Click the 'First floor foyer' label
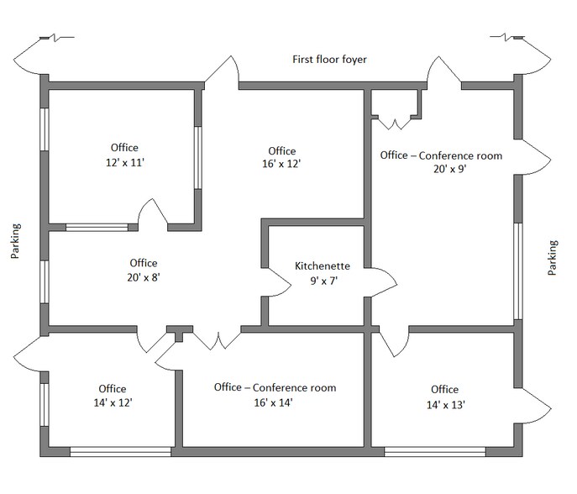(x=329, y=60)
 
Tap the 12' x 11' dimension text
(x=124, y=162)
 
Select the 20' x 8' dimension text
(x=144, y=277)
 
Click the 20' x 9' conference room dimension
(x=441, y=169)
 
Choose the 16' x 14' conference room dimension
(x=275, y=402)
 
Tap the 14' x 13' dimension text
(x=444, y=404)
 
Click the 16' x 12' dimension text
(x=281, y=165)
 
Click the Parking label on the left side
(x=16, y=241)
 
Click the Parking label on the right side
(x=552, y=258)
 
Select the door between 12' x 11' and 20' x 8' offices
(x=153, y=215)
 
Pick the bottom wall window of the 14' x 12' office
(x=120, y=452)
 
